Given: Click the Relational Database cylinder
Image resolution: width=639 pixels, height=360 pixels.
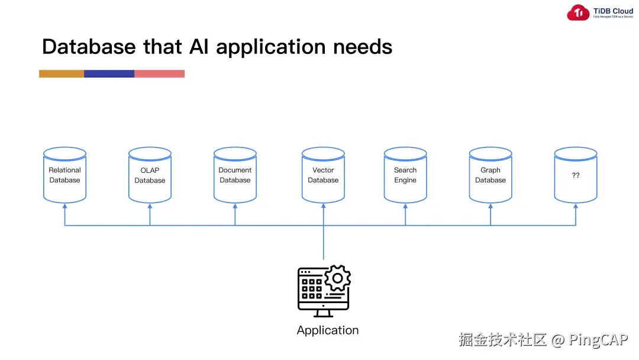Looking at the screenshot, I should pyautogui.click(x=64, y=175).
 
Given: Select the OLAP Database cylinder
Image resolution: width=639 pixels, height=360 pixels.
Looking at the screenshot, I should pyautogui.click(x=150, y=175).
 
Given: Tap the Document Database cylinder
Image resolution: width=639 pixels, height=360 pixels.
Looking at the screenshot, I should pyautogui.click(x=235, y=175).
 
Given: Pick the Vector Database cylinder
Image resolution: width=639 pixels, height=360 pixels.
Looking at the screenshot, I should pyautogui.click(x=323, y=175).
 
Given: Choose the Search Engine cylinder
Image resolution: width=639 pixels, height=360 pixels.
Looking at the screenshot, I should pyautogui.click(x=405, y=175).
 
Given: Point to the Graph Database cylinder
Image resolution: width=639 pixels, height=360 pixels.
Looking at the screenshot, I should pyautogui.click(x=490, y=175).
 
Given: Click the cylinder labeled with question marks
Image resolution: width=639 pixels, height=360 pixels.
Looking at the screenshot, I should pyautogui.click(x=576, y=175).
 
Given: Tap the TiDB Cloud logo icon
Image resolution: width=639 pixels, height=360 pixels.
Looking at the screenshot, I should pyautogui.click(x=578, y=13).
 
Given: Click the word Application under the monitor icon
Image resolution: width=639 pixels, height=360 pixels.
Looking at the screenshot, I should pyautogui.click(x=327, y=330).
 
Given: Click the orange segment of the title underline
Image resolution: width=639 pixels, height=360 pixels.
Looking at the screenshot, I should pyautogui.click(x=62, y=74).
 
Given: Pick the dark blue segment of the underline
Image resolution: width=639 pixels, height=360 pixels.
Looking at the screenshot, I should pyautogui.click(x=109, y=74).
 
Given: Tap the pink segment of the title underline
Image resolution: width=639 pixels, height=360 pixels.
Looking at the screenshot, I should pyautogui.click(x=159, y=74).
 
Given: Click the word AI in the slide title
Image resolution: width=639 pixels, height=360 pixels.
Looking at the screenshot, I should pyautogui.click(x=199, y=47).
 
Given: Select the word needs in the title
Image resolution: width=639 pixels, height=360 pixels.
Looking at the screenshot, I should pyautogui.click(x=362, y=47).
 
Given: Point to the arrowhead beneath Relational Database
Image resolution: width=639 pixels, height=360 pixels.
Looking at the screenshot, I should pyautogui.click(x=64, y=206).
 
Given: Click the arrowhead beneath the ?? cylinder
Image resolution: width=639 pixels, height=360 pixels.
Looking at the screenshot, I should pyautogui.click(x=576, y=206).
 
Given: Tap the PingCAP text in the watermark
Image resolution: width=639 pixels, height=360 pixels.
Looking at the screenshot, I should pyautogui.click(x=598, y=340).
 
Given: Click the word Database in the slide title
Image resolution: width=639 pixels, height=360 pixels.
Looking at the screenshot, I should pyautogui.click(x=89, y=47).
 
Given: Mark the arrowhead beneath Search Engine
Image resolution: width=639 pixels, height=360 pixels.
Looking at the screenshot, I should pyautogui.click(x=405, y=206).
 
